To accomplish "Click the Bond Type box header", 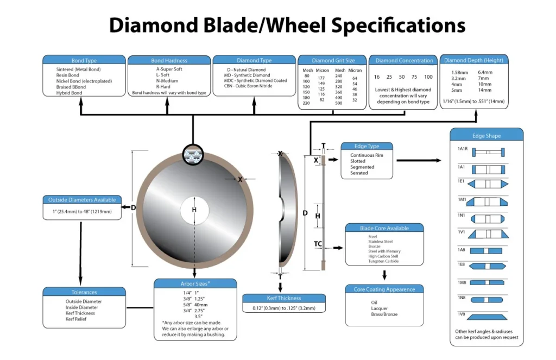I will coord(84,60).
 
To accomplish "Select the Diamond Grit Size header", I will coord(333,60).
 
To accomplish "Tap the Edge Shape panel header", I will coord(486,135).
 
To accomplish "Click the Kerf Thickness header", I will coord(284,298).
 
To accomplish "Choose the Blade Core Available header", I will coord(384,228).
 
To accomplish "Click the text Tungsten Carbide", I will coord(383,261).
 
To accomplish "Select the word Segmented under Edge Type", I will coord(362,167).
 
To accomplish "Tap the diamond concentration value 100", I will coord(428,77).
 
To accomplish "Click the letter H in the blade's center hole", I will coord(194,210).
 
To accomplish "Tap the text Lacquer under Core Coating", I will coord(380,308).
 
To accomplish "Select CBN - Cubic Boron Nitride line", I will coord(248,86).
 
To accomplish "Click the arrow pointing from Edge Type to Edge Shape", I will coord(419,160).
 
